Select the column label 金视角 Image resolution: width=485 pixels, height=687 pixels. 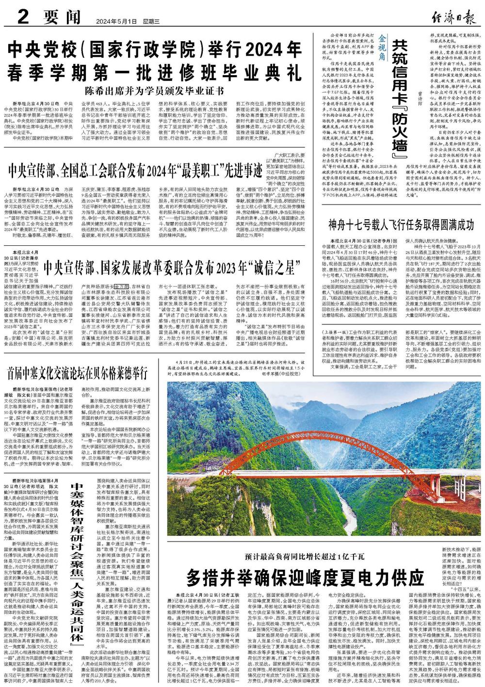pos(382,52)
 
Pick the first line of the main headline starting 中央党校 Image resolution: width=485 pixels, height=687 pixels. pos(155,50)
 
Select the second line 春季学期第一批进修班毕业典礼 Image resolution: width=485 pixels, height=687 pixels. pos(155,73)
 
